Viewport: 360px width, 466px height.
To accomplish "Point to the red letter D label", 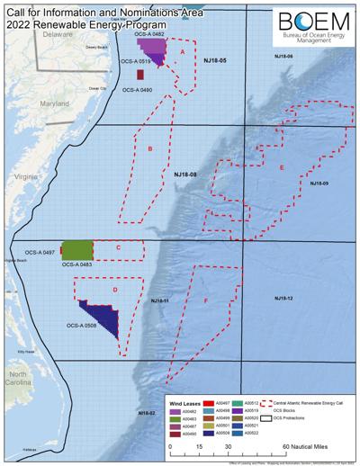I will pyautogui.click(x=114, y=289).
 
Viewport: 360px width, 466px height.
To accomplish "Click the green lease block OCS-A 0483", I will pyautogui.click(x=78, y=250).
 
